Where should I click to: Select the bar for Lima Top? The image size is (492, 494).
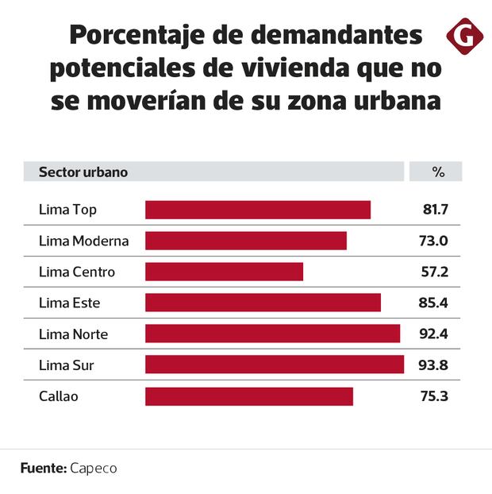(x=258, y=210)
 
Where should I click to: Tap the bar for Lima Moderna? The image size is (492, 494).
(x=246, y=241)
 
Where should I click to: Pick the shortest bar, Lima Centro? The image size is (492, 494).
(x=224, y=272)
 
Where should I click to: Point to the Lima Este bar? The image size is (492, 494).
(x=263, y=303)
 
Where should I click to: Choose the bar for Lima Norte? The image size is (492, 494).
(x=272, y=334)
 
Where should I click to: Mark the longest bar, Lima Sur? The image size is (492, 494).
(x=275, y=365)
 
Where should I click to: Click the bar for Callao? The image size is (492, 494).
(x=249, y=396)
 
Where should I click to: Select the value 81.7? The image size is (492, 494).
(x=436, y=210)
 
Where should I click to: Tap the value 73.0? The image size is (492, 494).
(x=436, y=241)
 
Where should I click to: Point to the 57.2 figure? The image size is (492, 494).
(x=436, y=272)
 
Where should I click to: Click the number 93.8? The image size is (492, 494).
(x=436, y=365)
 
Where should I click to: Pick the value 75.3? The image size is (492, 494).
(x=436, y=396)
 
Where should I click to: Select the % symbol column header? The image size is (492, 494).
(x=437, y=172)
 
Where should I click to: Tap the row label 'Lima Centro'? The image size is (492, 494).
(x=77, y=272)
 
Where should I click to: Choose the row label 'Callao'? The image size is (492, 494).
(x=59, y=396)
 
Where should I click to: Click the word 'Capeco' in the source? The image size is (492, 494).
(x=93, y=469)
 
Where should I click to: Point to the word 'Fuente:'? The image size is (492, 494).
(x=43, y=469)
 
